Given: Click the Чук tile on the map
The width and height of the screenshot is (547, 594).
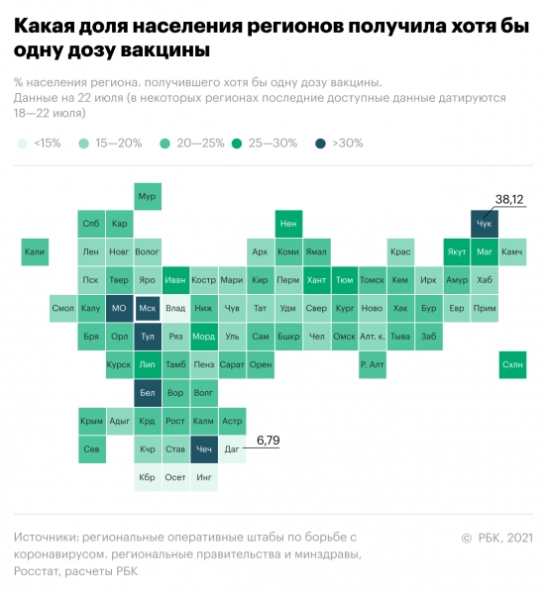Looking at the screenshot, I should (x=485, y=225).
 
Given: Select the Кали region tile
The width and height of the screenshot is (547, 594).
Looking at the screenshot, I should (x=35, y=252).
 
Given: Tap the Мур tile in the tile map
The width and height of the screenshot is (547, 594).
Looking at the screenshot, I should (x=148, y=196).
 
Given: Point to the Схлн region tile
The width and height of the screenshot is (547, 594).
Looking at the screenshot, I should (x=513, y=364).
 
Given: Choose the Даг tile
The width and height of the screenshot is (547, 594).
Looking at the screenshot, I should (x=233, y=449).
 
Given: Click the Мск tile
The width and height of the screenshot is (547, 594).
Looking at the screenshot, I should (x=148, y=309).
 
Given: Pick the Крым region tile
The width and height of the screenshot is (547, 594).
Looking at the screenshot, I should (x=91, y=422).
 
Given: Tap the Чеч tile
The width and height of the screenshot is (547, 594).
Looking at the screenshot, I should (x=204, y=449).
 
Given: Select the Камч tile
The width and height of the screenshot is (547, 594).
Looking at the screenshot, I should (x=512, y=252).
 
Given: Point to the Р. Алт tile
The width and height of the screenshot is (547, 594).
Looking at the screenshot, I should (x=373, y=364).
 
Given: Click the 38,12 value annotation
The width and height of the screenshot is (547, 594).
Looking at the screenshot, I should (x=509, y=200).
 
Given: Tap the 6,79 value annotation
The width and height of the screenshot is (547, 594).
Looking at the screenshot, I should (x=270, y=440).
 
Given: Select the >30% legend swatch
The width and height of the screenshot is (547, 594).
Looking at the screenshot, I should (x=320, y=144).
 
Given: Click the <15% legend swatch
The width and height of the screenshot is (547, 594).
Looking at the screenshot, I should (x=22, y=144).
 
